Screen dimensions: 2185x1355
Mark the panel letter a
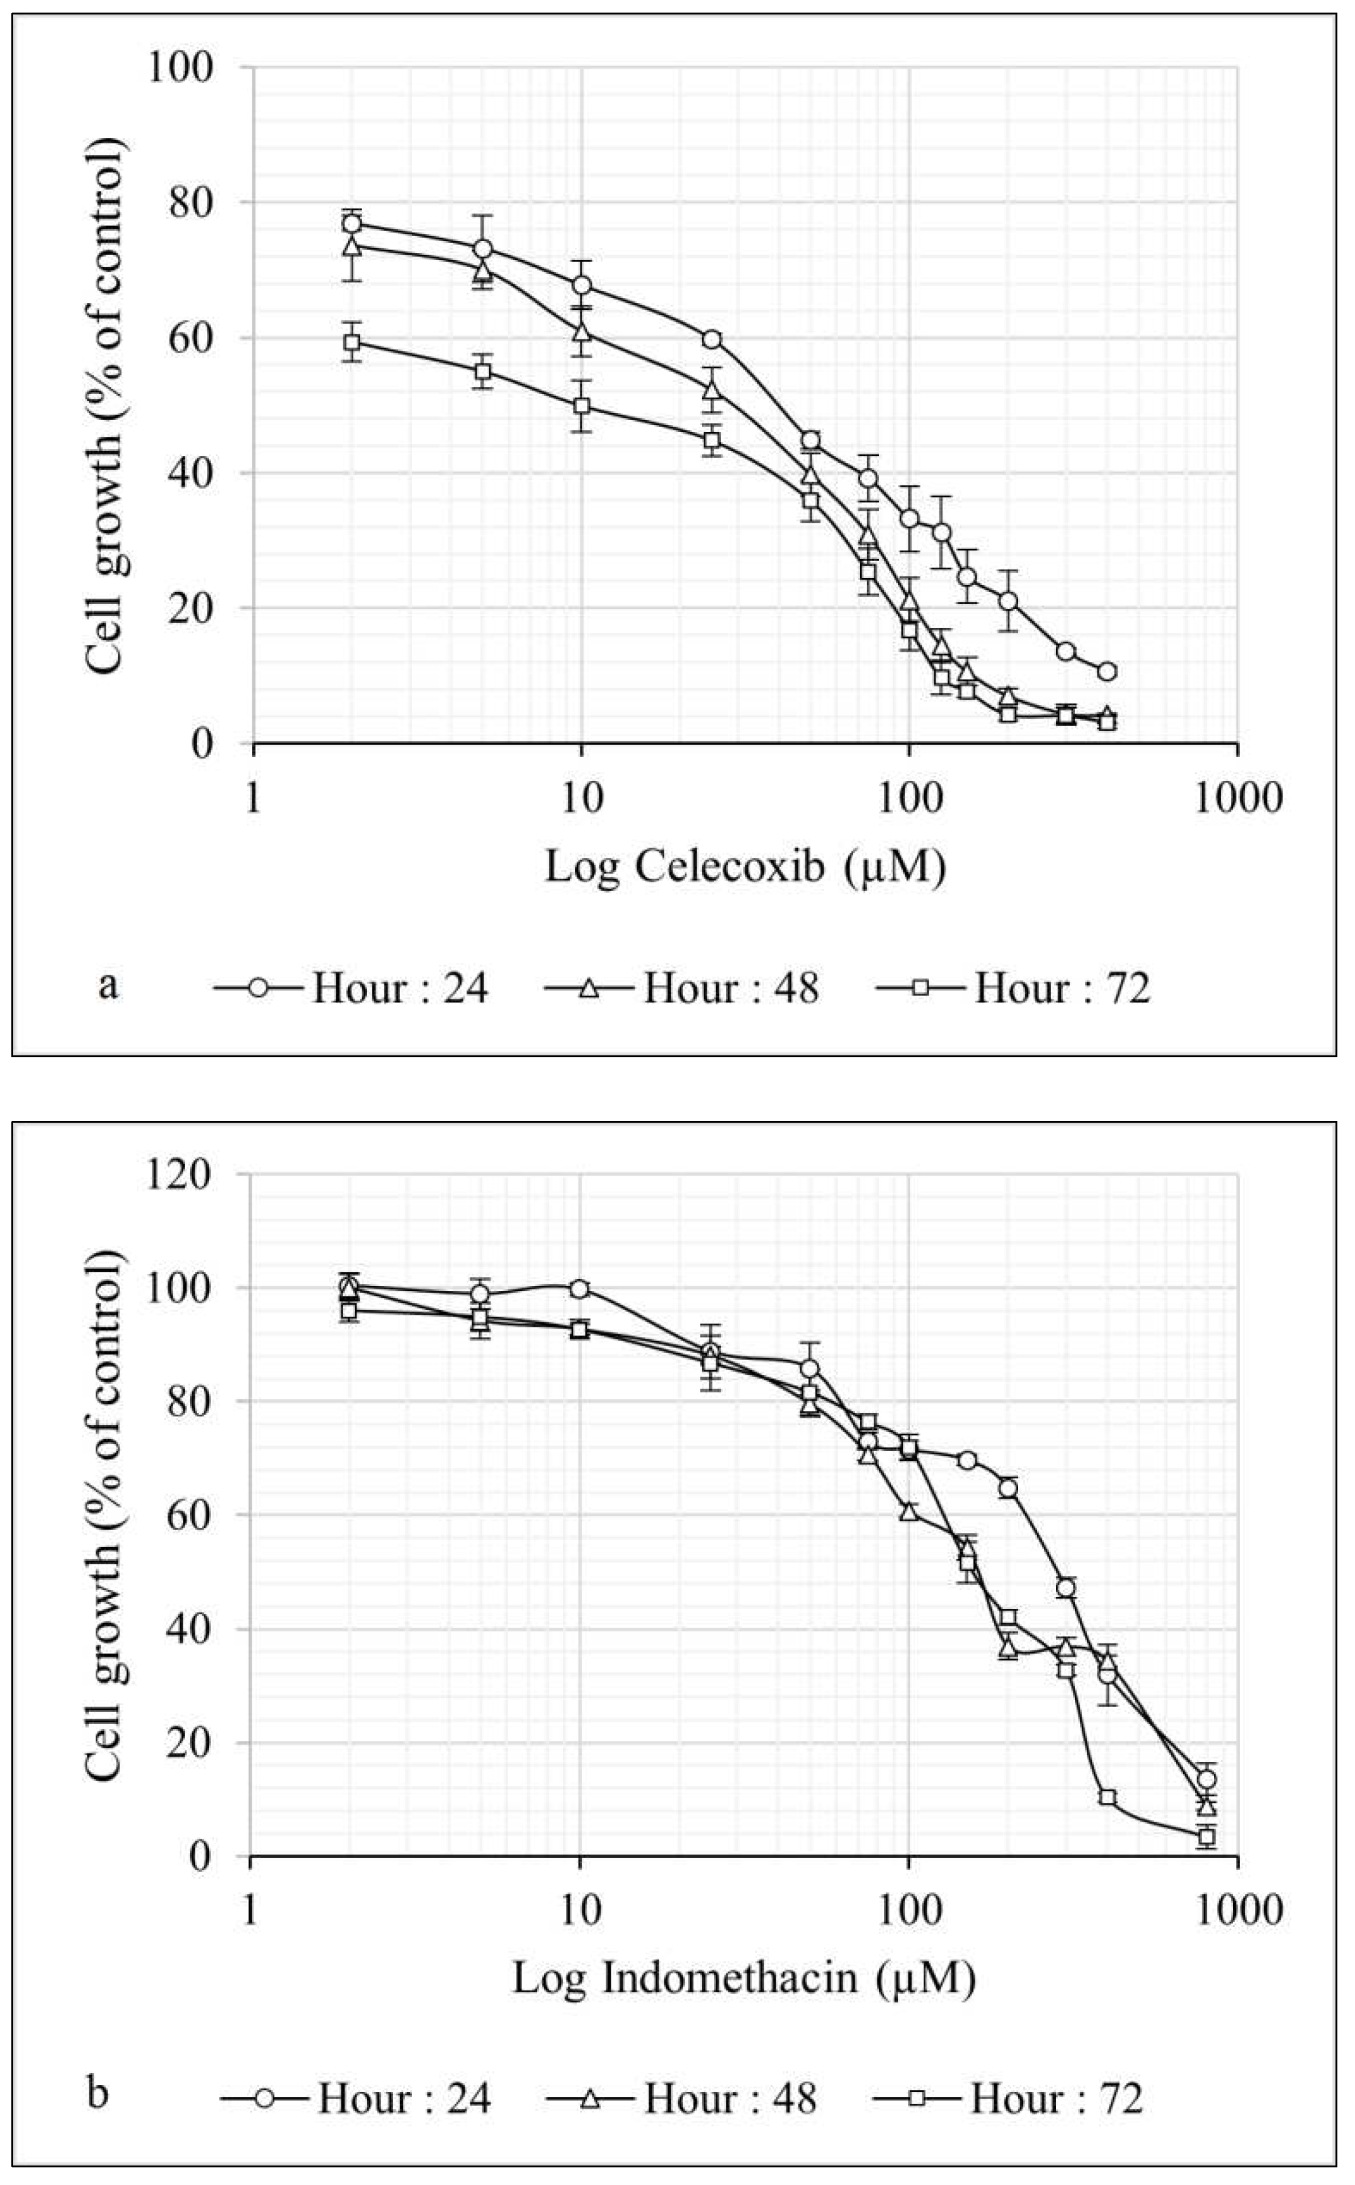pos(108,986)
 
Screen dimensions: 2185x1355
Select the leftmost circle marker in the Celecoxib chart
pos(352,223)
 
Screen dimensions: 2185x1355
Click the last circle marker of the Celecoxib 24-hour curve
pos(1107,671)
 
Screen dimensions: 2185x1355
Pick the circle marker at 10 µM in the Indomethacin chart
pos(579,1289)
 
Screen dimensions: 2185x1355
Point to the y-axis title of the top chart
pos(106,405)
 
